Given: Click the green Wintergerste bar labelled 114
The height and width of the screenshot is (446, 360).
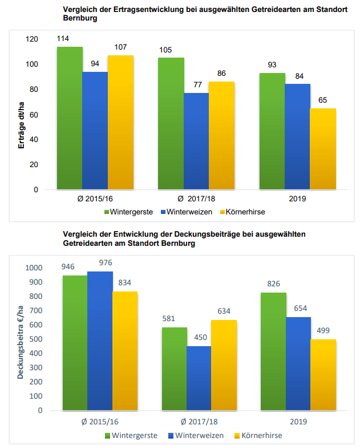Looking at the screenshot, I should click(x=69, y=118).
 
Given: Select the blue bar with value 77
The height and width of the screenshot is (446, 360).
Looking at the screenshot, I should click(x=196, y=141).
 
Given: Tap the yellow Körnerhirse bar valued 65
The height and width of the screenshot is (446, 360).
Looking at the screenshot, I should click(x=322, y=149).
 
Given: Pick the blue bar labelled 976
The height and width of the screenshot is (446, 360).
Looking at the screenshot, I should click(x=99, y=340).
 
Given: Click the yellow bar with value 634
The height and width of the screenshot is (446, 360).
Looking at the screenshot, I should click(x=224, y=365).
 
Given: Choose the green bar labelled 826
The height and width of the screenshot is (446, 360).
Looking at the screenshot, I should click(x=273, y=351).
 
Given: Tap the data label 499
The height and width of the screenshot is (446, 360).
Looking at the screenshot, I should click(x=323, y=330).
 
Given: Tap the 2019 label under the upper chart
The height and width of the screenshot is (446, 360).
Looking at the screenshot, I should click(x=297, y=198).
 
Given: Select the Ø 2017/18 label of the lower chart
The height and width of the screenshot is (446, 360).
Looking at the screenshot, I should click(x=199, y=422).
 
